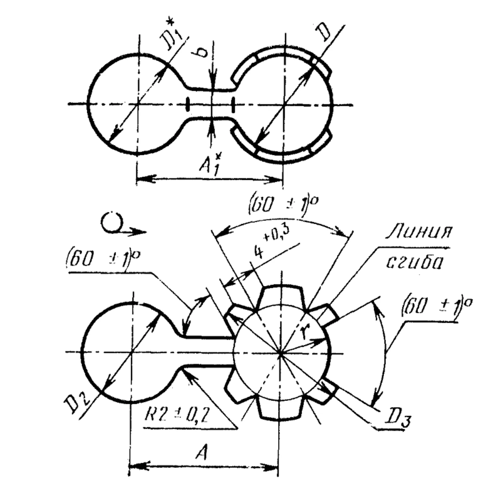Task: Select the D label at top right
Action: (x=324, y=32)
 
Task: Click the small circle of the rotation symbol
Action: (x=111, y=223)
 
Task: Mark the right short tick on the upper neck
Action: (x=233, y=105)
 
